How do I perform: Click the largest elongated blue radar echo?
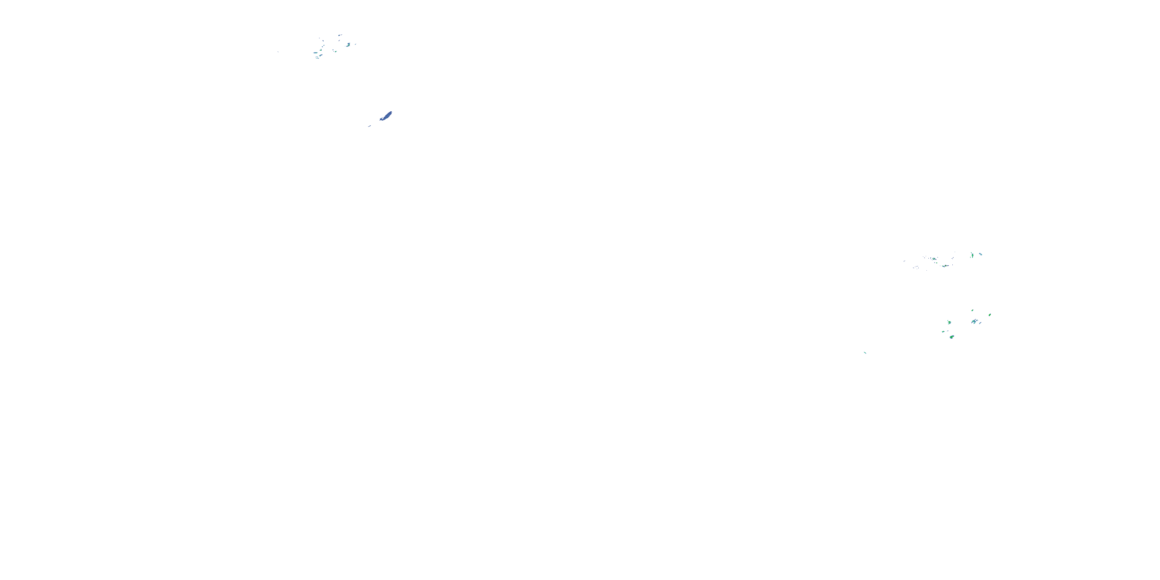(x=386, y=116)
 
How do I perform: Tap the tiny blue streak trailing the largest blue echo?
(x=370, y=126)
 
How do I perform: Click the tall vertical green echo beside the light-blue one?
(x=973, y=255)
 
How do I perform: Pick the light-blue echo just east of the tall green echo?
(x=981, y=254)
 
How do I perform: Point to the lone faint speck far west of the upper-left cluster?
(x=278, y=52)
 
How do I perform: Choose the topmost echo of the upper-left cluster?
(x=339, y=36)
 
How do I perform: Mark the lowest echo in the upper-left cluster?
(x=318, y=58)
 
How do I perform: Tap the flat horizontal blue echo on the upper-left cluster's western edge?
(x=316, y=53)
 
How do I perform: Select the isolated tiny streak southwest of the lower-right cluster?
(x=865, y=353)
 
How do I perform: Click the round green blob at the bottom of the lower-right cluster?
(x=952, y=337)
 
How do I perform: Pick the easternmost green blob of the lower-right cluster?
(x=990, y=315)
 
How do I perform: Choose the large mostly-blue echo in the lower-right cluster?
(x=974, y=322)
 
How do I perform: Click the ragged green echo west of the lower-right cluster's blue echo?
(x=949, y=323)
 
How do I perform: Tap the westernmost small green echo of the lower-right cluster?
(x=943, y=332)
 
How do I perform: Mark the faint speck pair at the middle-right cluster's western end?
(x=904, y=261)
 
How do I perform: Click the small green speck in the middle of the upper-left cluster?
(x=336, y=52)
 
